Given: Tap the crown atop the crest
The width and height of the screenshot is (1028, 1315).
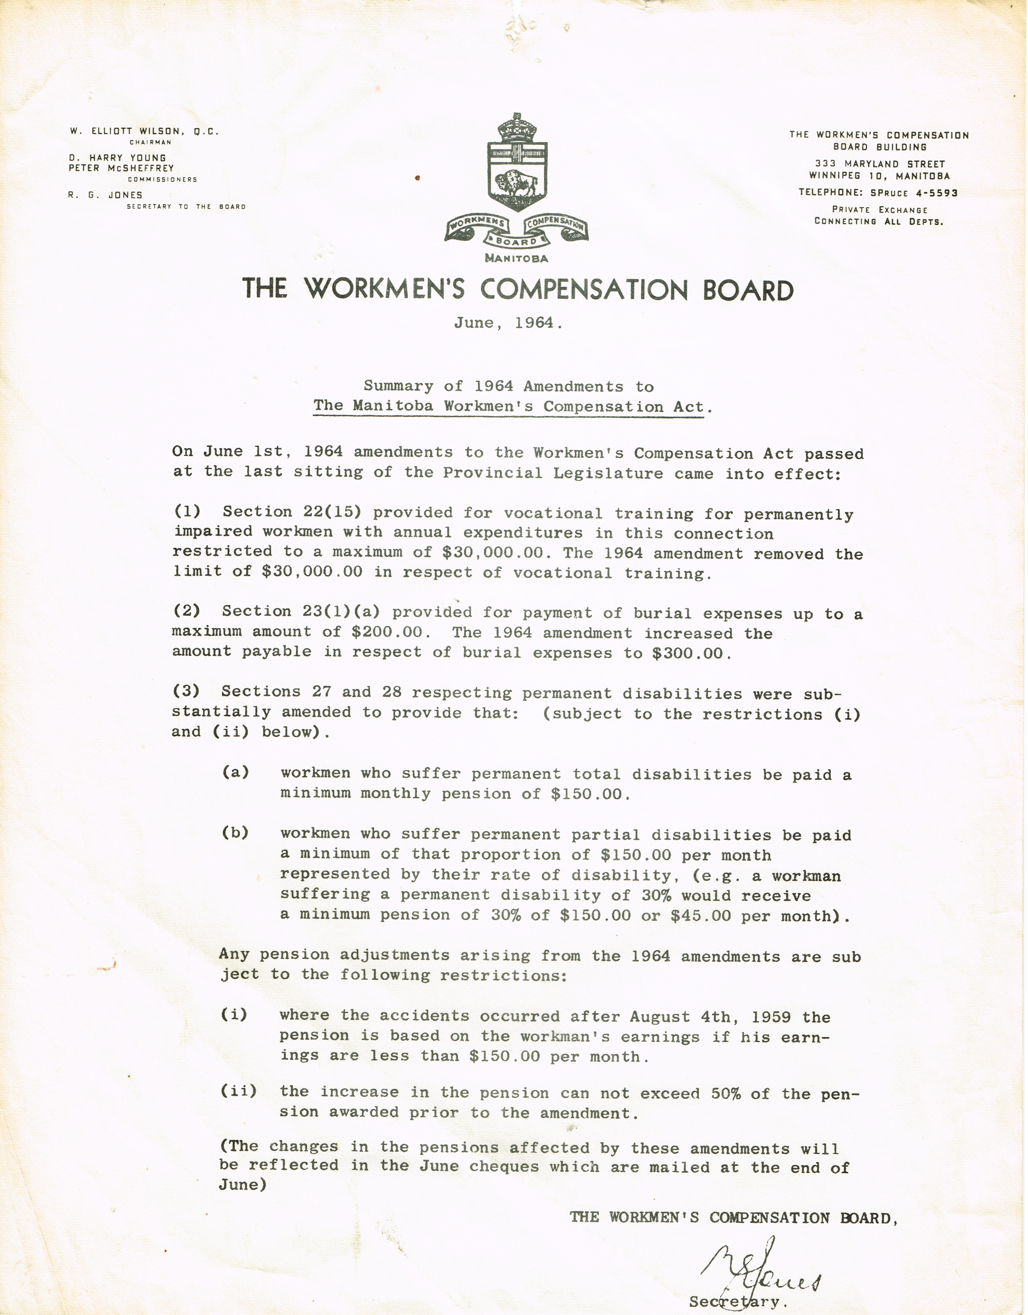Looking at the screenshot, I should click(x=516, y=128).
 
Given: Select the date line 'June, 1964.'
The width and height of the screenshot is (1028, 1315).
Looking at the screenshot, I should click(x=509, y=323).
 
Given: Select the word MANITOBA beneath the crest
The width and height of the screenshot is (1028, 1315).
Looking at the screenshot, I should click(x=516, y=258).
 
